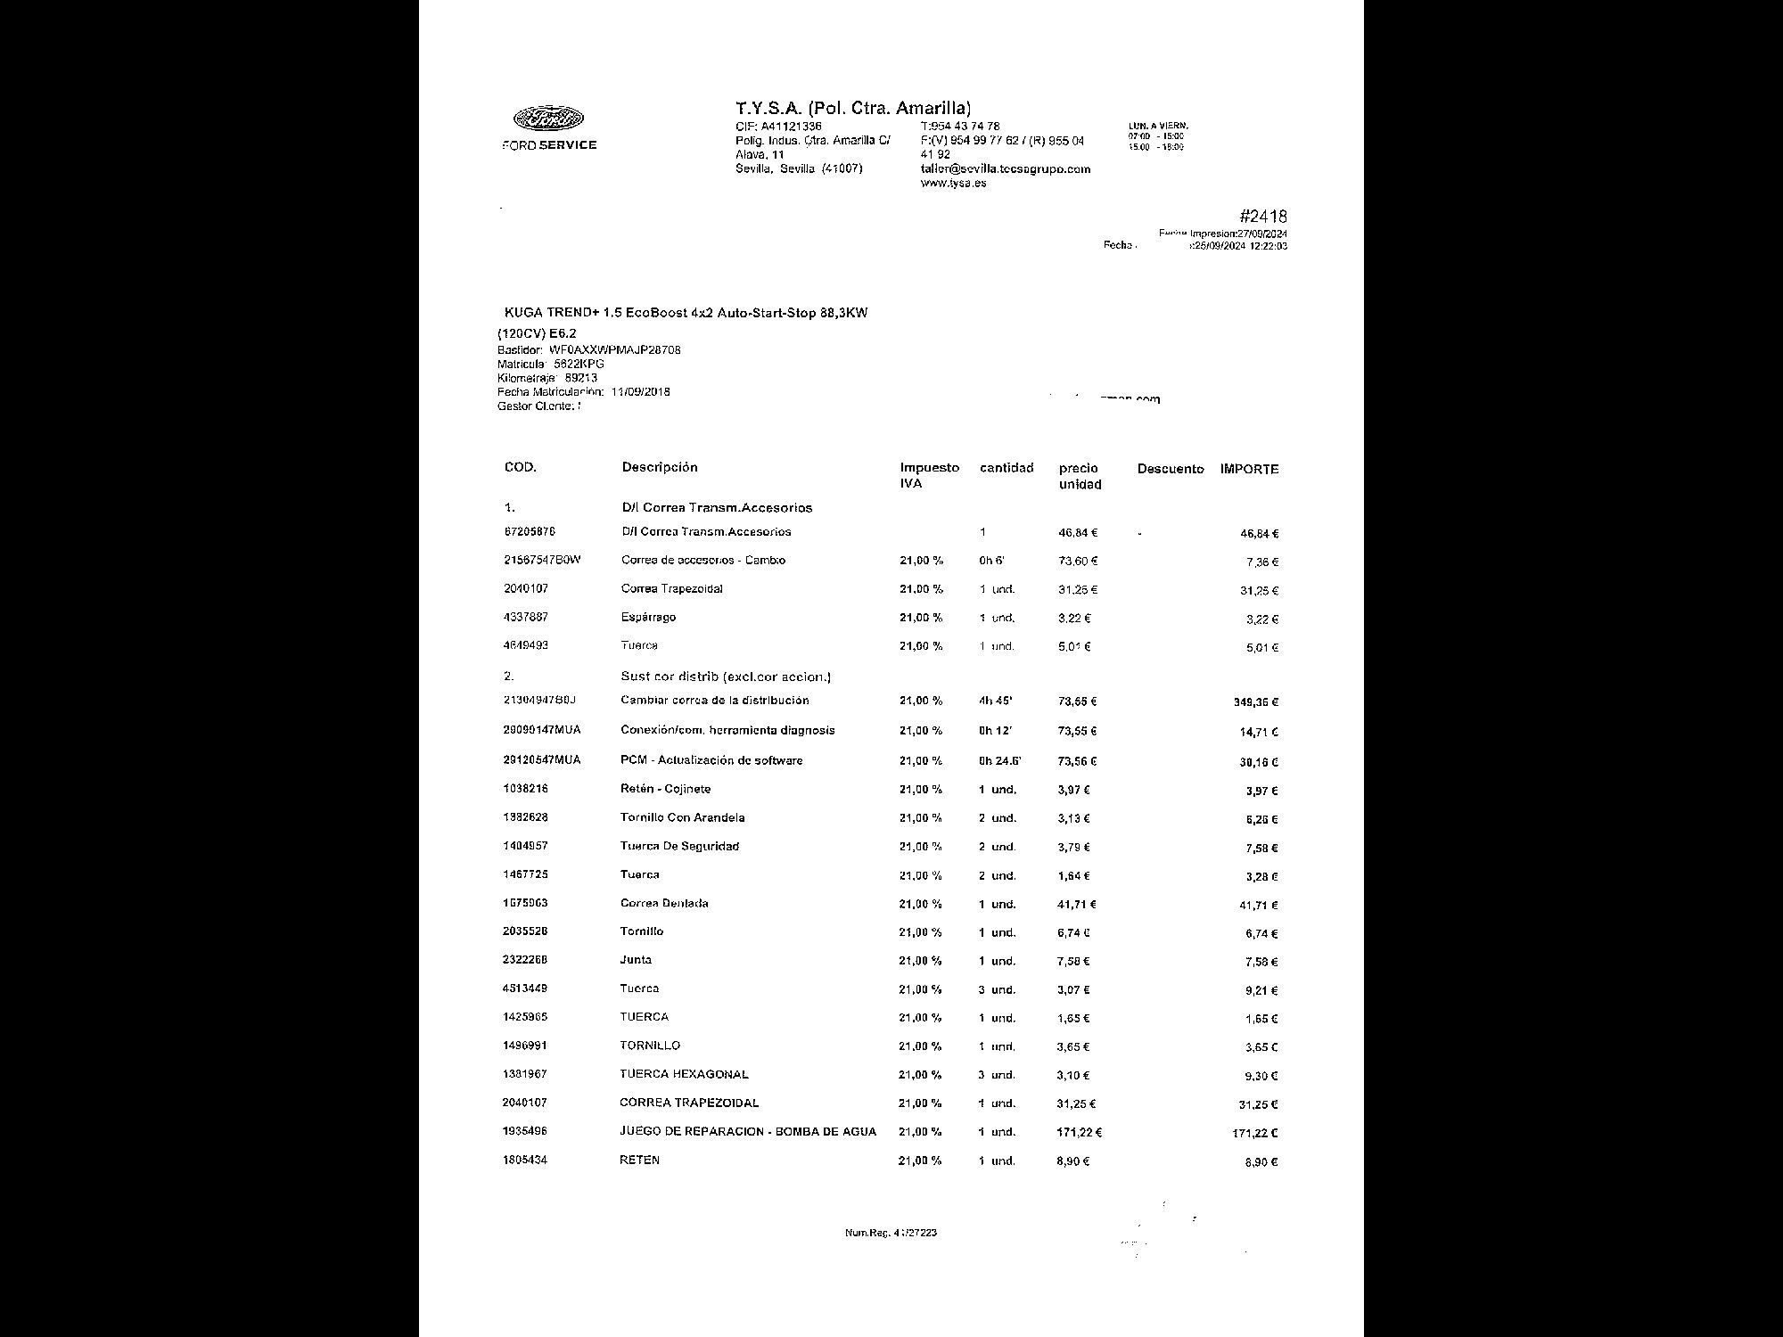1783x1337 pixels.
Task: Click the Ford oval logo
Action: (548, 119)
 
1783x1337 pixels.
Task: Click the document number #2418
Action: (1262, 217)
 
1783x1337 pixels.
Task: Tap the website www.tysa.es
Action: (953, 184)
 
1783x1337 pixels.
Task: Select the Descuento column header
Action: (1170, 469)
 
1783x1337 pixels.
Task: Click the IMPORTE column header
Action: (1249, 469)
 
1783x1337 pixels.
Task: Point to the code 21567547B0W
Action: (542, 560)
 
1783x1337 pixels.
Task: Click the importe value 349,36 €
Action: (1255, 702)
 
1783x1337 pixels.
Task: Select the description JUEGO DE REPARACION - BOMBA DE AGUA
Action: (747, 1131)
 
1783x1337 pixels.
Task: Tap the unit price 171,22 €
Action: (1079, 1132)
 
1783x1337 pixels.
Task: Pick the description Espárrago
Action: (648, 617)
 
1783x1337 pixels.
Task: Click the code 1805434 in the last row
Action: (525, 1160)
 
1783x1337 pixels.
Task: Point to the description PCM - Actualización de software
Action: (711, 760)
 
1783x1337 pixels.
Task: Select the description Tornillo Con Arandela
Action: (682, 817)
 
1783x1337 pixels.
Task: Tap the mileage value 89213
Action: (581, 378)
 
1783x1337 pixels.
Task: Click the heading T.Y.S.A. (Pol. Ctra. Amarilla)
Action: (852, 109)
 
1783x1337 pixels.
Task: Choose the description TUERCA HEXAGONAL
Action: (684, 1074)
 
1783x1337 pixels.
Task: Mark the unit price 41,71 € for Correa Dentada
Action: (1076, 904)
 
